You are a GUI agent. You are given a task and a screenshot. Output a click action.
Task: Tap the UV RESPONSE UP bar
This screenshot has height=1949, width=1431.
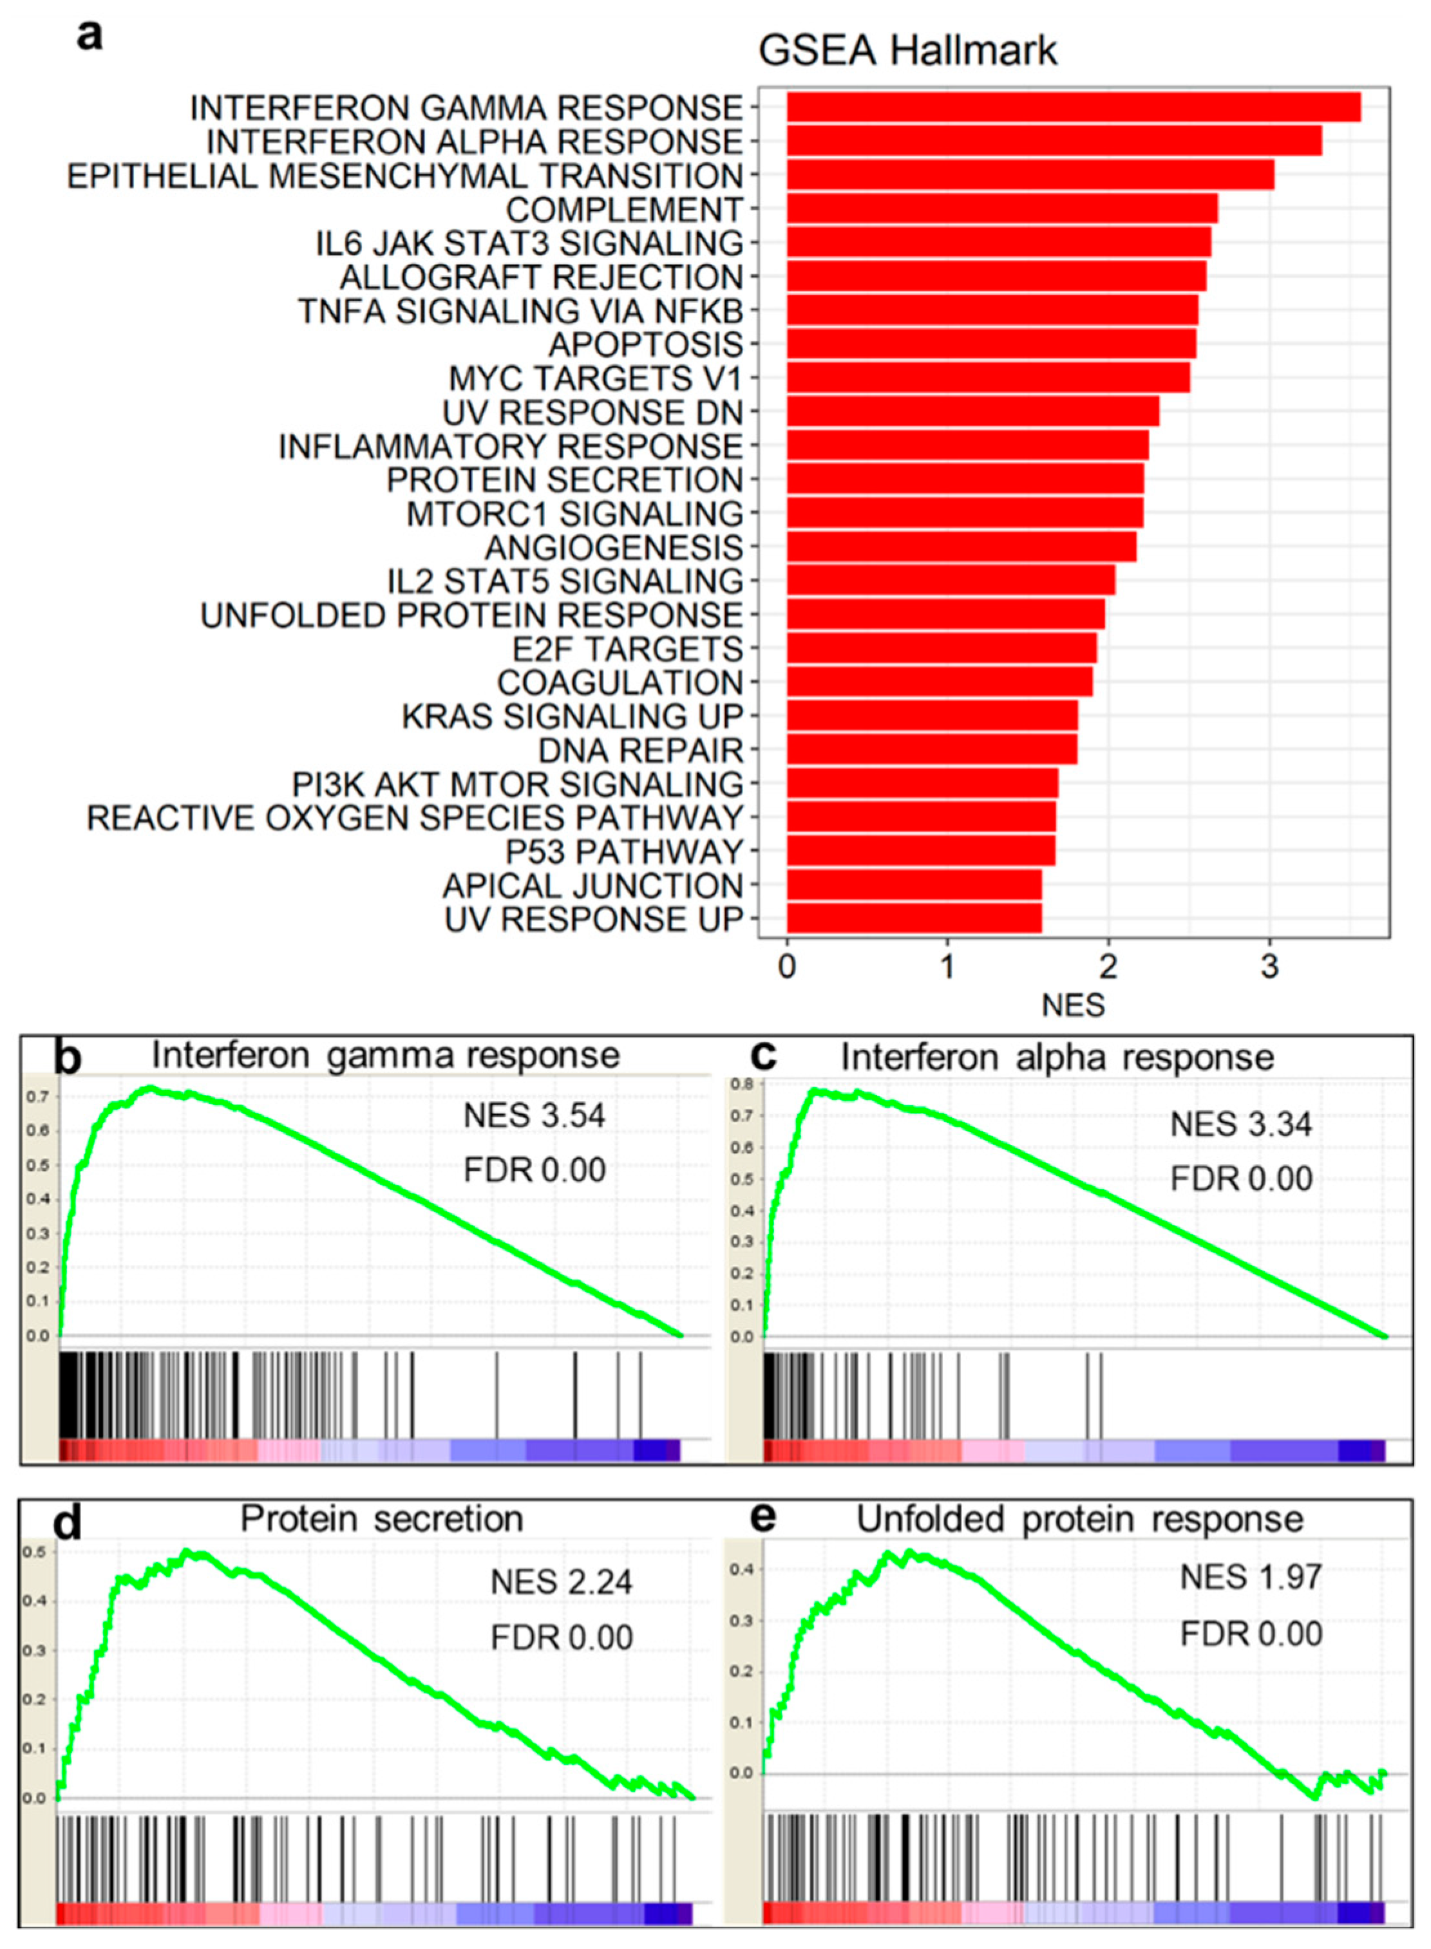click(913, 918)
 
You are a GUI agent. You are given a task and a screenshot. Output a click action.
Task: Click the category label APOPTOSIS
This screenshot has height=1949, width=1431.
click(645, 344)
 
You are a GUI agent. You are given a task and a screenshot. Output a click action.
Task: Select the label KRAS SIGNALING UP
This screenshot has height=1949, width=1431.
click(573, 716)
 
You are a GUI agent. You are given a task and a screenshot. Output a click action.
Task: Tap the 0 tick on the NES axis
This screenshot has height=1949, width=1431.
click(786, 966)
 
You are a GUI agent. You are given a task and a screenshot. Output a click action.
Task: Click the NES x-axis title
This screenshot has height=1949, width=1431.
click(1072, 1004)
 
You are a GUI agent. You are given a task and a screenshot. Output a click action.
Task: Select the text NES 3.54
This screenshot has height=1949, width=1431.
click(534, 1115)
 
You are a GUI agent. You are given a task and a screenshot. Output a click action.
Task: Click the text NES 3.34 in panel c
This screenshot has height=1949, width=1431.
click(1240, 1124)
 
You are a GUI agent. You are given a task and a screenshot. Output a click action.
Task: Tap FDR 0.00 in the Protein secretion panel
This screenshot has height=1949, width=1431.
click(562, 1637)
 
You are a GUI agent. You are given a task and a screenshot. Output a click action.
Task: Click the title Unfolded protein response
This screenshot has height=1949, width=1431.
click(1079, 1520)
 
